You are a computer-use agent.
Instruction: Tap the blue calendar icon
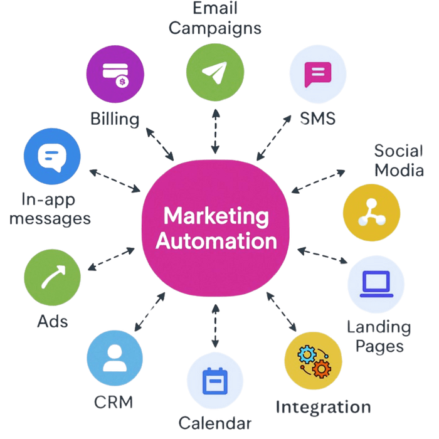[216, 381]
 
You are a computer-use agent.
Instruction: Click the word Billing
[115, 119]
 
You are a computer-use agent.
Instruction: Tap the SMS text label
[318, 119]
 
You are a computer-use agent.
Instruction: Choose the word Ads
[53, 322]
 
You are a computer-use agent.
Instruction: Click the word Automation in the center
[216, 241]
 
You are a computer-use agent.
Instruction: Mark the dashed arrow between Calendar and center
[216, 325]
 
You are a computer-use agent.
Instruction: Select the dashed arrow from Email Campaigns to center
[216, 131]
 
